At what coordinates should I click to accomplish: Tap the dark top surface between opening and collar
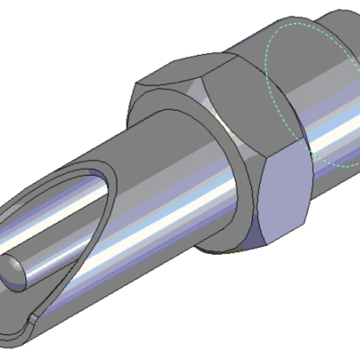click(x=129, y=149)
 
